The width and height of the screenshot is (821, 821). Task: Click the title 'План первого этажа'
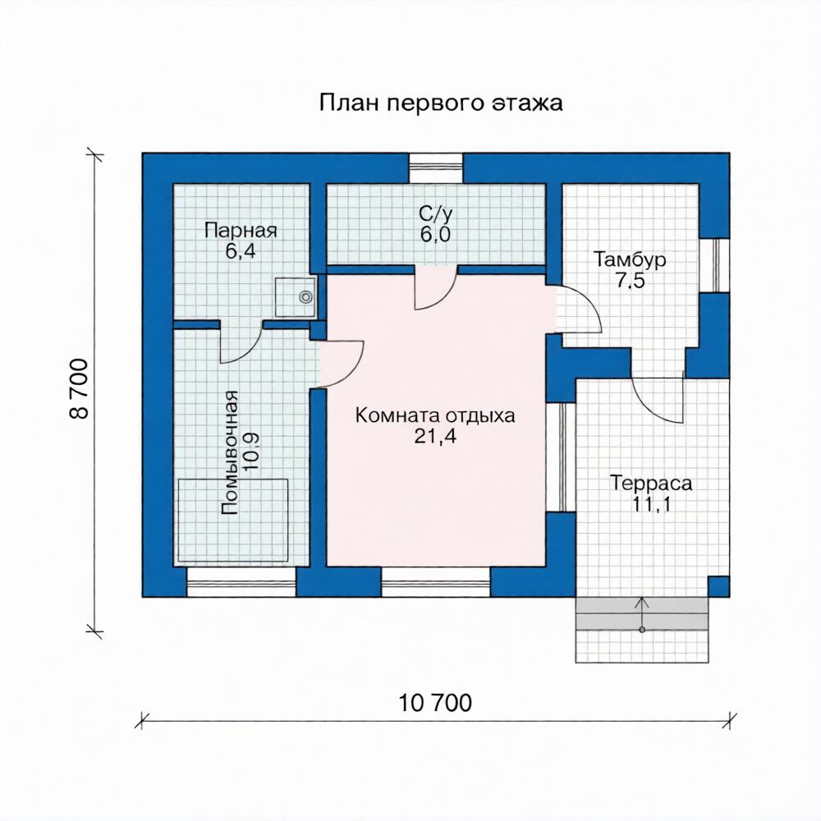click(x=441, y=103)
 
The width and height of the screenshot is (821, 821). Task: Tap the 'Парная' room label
click(x=241, y=231)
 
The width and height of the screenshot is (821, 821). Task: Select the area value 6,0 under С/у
click(x=435, y=235)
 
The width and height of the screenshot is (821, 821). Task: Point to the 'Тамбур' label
click(x=630, y=259)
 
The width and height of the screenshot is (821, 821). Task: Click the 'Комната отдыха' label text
click(x=435, y=415)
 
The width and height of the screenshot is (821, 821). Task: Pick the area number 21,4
click(x=435, y=436)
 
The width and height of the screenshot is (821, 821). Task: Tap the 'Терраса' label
click(x=651, y=483)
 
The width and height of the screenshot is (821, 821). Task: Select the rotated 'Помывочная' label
click(x=229, y=452)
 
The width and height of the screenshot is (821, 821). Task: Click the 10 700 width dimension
click(x=435, y=704)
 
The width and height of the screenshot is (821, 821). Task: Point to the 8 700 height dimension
click(x=79, y=388)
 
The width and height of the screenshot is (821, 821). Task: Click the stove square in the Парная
click(x=296, y=297)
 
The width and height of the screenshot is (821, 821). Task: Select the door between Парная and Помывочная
click(x=241, y=343)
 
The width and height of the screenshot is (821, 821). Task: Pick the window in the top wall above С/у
click(x=436, y=168)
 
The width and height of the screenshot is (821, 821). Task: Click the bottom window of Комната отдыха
click(x=436, y=582)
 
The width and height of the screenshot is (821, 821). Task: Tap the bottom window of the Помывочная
click(x=241, y=582)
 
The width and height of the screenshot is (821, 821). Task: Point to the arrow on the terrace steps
click(x=642, y=613)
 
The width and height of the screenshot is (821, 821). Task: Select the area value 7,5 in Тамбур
click(x=630, y=281)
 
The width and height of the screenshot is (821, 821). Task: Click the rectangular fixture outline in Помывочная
click(x=233, y=520)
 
